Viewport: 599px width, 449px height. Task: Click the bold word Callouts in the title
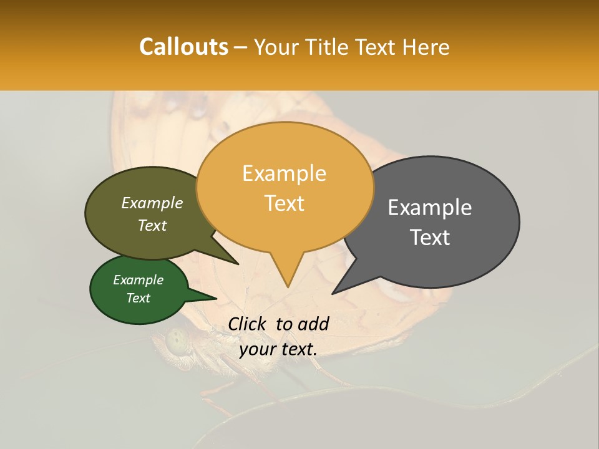click(183, 47)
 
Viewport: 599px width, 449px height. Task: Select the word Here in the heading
click(425, 47)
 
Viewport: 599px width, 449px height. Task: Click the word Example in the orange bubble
click(284, 173)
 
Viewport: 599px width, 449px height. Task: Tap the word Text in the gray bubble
click(430, 238)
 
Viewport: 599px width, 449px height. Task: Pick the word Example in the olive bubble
click(152, 203)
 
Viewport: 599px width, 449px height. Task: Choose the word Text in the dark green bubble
click(138, 298)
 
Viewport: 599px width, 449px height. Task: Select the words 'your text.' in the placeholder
click(278, 349)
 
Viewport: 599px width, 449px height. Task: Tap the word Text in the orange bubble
click(285, 203)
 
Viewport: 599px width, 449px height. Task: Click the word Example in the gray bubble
click(430, 208)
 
